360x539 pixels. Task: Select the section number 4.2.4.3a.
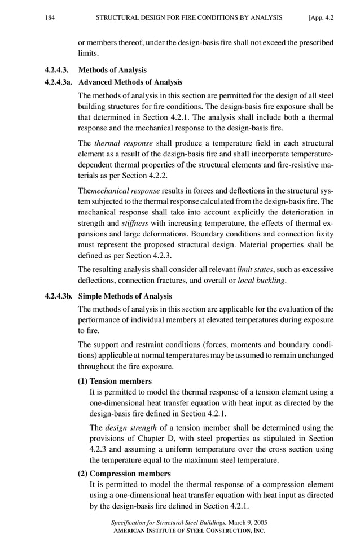pos(60,82)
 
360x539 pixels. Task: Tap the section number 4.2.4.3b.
pos(60,296)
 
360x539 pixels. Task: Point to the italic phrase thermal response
pos(123,143)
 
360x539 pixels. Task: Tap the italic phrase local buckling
pos(261,281)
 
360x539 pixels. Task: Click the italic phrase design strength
pos(131,428)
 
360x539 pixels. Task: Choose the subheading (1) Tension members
pos(115,381)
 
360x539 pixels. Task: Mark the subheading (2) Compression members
pos(124,474)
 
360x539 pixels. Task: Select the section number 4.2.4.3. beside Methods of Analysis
pos(58,71)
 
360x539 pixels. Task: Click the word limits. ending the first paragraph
pos(90,54)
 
